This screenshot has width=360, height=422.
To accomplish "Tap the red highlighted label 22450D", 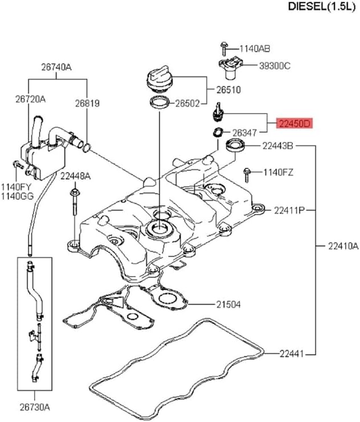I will (x=294, y=123).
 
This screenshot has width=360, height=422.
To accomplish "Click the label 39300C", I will (x=274, y=66).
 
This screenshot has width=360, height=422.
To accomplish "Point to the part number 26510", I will (x=228, y=90).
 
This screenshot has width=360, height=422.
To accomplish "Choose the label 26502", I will (x=187, y=104).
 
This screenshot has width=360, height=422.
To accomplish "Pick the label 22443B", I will (x=277, y=146).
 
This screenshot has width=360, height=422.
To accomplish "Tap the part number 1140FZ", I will (x=278, y=172).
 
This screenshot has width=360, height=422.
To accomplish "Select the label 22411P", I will (x=289, y=210).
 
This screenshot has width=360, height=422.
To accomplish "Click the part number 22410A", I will (x=343, y=246).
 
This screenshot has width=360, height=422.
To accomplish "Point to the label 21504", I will (x=228, y=305).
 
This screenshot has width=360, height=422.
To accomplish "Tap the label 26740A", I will (x=56, y=67).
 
